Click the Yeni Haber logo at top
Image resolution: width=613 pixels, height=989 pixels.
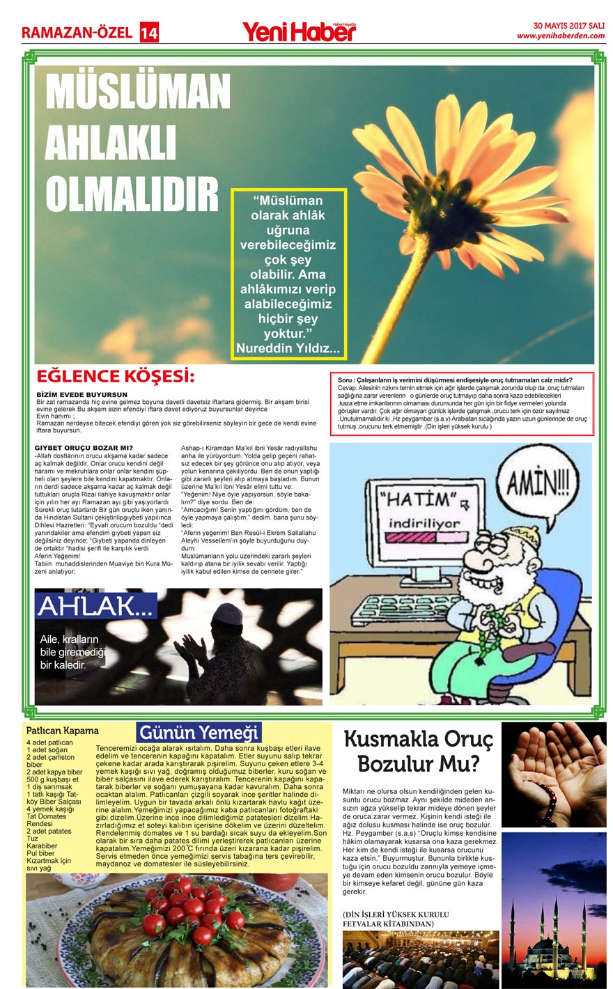tap(298, 31)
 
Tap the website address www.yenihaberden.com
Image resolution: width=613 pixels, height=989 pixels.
tap(561, 36)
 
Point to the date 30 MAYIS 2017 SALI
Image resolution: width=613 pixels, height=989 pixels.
tap(568, 25)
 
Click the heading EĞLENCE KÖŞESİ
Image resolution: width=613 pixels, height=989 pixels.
tap(115, 377)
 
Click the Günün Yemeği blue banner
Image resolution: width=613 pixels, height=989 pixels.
tap(199, 733)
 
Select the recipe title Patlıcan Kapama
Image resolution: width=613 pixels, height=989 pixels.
tap(63, 731)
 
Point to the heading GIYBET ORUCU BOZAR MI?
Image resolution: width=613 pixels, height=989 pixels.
tap(84, 447)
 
